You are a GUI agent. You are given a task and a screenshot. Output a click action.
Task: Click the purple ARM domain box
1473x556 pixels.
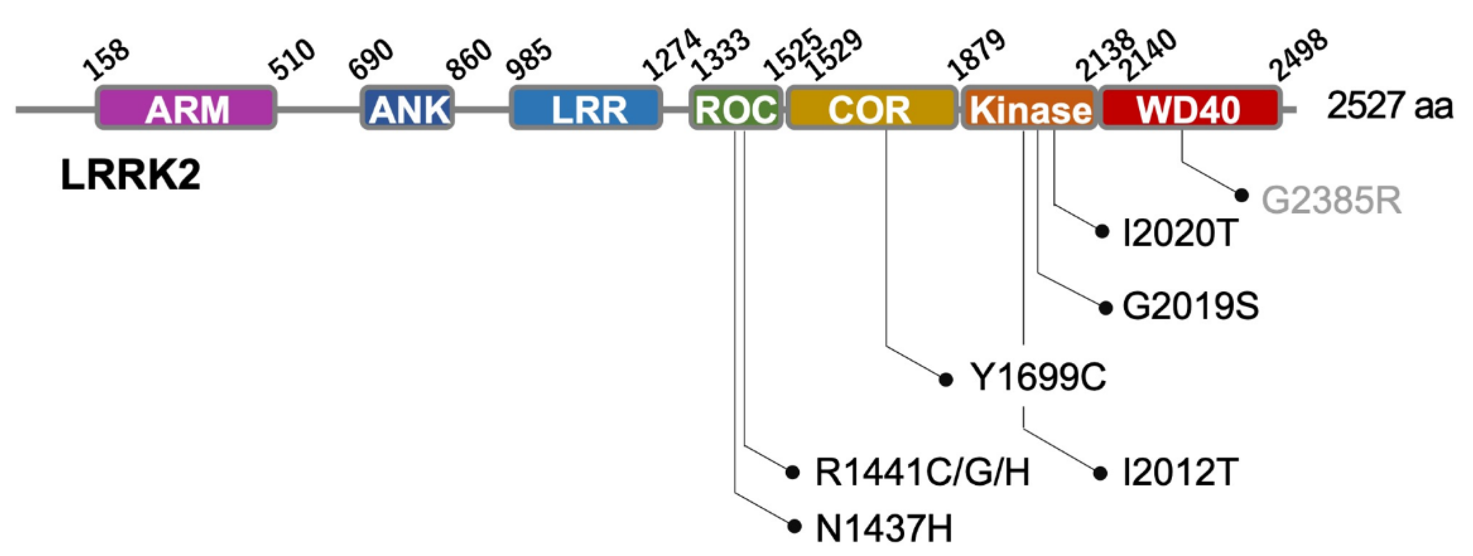click(186, 108)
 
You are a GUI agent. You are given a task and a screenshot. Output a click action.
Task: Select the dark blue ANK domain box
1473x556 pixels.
click(407, 108)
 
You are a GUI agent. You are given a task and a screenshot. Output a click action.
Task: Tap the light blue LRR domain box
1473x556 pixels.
click(586, 108)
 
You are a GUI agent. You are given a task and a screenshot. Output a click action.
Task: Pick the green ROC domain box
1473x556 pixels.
click(736, 108)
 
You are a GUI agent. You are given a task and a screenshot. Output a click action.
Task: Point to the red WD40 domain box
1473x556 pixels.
click(1190, 108)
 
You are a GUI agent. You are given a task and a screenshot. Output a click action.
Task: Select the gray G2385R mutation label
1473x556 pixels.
click(1331, 201)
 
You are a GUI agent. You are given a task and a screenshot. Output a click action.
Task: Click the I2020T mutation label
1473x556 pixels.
click(1179, 233)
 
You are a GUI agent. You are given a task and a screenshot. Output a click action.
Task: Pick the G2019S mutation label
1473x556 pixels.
click(1190, 307)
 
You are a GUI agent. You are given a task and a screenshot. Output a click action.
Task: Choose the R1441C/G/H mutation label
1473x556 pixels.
click(922, 472)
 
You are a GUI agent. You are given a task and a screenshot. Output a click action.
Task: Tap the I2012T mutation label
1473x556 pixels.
click(1179, 472)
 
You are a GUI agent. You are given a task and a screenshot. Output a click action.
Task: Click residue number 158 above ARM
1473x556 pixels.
click(107, 60)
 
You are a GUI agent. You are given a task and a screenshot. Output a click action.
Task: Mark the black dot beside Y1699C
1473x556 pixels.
click(946, 379)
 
